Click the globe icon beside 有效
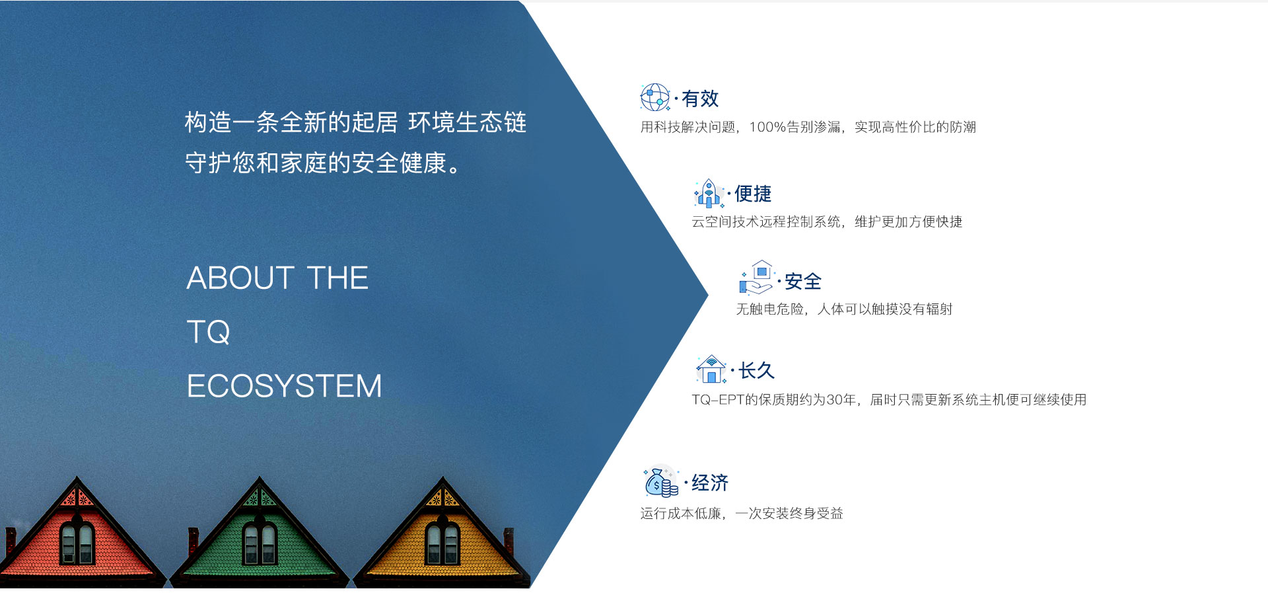[x=655, y=97]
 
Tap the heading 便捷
[x=753, y=194]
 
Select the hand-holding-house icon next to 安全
[x=757, y=277]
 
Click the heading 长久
[x=756, y=370]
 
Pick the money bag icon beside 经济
[x=661, y=482]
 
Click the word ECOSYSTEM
[x=285, y=386]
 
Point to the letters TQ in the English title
[x=209, y=332]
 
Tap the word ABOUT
[x=240, y=278]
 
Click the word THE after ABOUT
[x=337, y=278]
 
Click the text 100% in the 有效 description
[x=767, y=127]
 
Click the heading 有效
[x=700, y=99]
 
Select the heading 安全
[x=803, y=282]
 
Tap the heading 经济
[x=710, y=483]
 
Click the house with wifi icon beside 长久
[x=711, y=369]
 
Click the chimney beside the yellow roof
[x=509, y=541]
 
